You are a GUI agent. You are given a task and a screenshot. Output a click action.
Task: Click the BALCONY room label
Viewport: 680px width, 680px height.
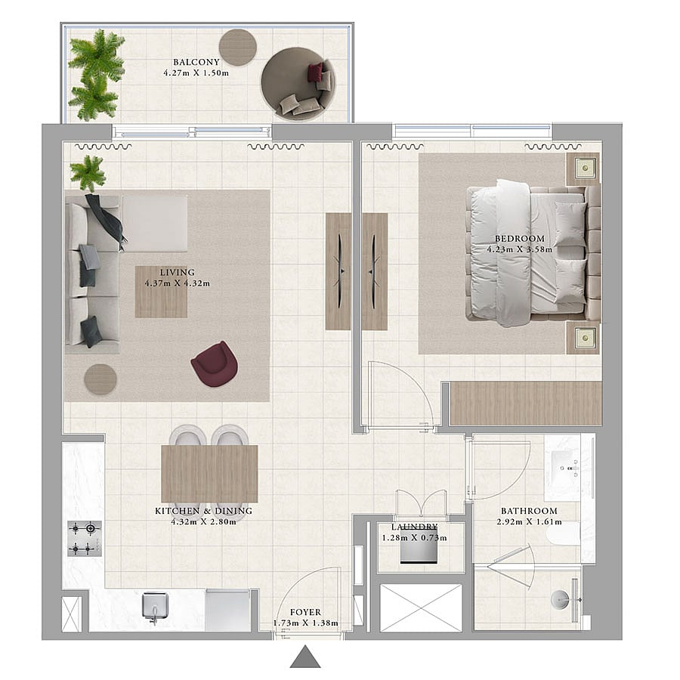click(x=196, y=62)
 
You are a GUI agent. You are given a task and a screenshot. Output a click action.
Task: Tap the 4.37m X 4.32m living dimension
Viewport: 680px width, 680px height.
click(x=178, y=283)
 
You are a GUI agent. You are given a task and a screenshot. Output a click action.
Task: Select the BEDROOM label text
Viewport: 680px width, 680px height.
click(x=520, y=239)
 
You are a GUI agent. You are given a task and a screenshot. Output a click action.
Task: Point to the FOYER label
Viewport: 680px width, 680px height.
click(x=306, y=612)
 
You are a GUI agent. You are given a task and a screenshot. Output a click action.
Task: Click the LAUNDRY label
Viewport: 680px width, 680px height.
click(x=414, y=527)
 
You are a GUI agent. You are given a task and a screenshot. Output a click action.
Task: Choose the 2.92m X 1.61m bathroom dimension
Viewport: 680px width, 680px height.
click(x=529, y=521)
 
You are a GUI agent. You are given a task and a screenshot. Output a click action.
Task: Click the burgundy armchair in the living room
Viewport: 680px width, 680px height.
click(x=215, y=363)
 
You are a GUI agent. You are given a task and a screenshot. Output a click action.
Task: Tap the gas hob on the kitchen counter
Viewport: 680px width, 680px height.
click(x=85, y=538)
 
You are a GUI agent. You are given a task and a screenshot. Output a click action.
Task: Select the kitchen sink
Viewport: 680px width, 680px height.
click(x=155, y=606)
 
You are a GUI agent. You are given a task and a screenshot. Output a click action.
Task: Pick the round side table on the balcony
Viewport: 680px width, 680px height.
click(x=238, y=48)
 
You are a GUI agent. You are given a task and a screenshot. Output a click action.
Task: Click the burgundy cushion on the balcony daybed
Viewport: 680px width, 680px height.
click(x=316, y=72)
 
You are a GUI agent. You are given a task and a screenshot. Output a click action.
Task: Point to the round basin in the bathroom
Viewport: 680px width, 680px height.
click(x=561, y=600)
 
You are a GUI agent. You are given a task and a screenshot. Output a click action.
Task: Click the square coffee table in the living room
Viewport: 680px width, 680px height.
click(x=162, y=292)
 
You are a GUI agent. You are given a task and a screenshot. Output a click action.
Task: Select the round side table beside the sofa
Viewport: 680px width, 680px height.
click(x=100, y=379)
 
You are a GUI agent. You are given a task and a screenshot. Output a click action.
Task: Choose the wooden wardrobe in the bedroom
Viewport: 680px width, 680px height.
click(x=526, y=403)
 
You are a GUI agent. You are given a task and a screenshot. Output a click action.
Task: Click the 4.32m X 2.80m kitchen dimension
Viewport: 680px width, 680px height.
click(x=204, y=521)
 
